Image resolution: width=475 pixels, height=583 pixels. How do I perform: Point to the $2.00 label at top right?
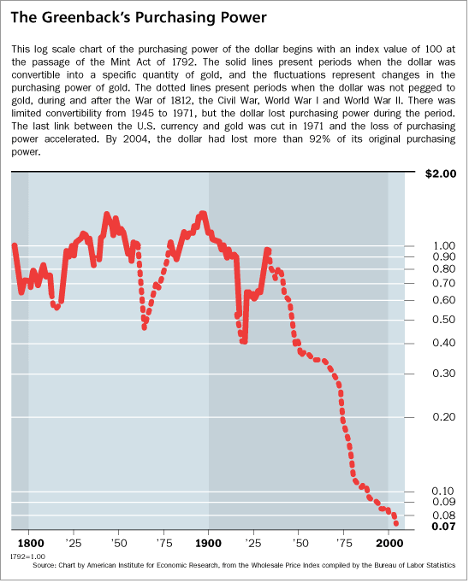[442, 174]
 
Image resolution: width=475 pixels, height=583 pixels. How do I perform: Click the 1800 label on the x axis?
[30, 543]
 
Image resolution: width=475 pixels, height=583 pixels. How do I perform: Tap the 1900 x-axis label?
[208, 543]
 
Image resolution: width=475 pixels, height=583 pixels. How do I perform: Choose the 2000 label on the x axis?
[389, 543]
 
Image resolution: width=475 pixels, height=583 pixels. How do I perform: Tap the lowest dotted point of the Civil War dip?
[144, 327]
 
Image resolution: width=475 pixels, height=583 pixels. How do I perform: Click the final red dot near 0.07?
[395, 523]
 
